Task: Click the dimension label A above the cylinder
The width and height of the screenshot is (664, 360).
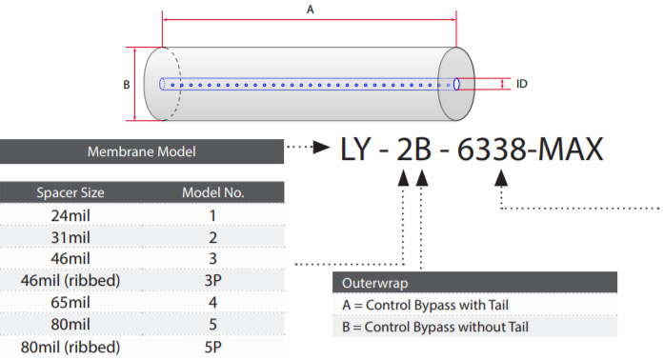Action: (x=310, y=10)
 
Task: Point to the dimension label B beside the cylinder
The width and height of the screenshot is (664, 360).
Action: (x=126, y=85)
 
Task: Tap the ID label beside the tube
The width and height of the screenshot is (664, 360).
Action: (x=521, y=84)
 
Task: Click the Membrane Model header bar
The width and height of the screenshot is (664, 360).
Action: (x=141, y=151)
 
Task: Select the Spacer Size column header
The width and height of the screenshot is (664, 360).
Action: (x=70, y=192)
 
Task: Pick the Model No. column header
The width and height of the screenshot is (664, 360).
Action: (x=213, y=192)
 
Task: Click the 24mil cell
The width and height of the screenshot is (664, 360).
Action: (x=70, y=215)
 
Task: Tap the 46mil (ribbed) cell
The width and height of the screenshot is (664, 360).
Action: (x=70, y=280)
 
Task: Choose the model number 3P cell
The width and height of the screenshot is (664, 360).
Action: (x=213, y=280)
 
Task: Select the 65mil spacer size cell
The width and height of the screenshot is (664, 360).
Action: (x=70, y=303)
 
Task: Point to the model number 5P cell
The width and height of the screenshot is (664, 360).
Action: (x=213, y=347)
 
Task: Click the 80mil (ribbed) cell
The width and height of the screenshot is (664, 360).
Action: (x=70, y=347)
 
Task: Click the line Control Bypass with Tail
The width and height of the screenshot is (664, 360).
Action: (x=425, y=305)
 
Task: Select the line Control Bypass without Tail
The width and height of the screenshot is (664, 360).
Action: (x=435, y=327)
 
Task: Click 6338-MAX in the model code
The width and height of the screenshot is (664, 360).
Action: (x=530, y=150)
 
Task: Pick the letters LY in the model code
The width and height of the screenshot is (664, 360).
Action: (x=356, y=150)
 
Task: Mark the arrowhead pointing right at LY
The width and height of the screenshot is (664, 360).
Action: (x=321, y=147)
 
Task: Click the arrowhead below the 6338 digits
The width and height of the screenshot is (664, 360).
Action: (x=501, y=178)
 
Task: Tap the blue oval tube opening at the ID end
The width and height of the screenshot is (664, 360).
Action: (x=456, y=84)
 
